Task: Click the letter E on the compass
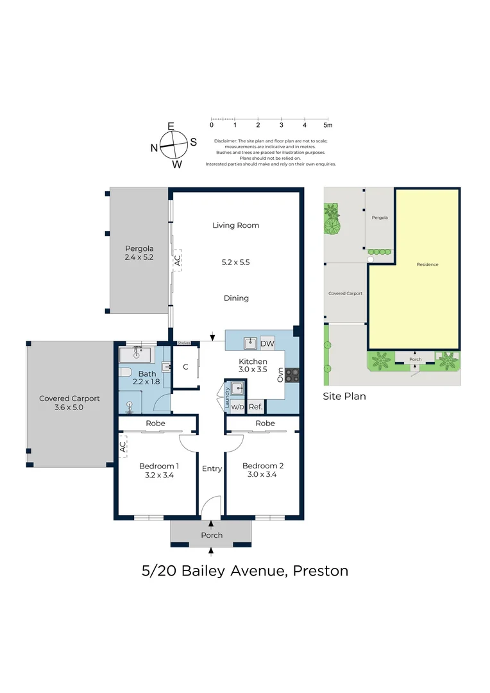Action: coord(171,126)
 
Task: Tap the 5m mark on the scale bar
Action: coord(328,125)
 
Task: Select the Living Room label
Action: coord(236,225)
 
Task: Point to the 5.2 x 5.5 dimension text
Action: coord(235,262)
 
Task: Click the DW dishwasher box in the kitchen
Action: coord(267,343)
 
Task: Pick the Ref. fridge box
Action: coord(255,407)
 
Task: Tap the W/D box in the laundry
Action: coord(237,407)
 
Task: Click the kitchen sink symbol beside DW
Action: coord(251,343)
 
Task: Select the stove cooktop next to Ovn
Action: coord(292,375)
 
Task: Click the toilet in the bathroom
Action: coord(125,372)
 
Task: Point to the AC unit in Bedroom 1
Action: coord(123,447)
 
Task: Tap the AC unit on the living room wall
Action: coord(177,261)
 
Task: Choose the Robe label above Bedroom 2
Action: coord(265,424)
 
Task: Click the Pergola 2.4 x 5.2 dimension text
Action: coord(139,257)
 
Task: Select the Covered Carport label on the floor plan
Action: coord(69,398)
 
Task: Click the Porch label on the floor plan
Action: coord(212,535)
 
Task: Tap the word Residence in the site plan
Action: coord(427,264)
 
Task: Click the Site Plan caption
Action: coord(344,396)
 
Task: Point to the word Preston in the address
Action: coord(321,571)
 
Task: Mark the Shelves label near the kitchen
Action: coord(184,343)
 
